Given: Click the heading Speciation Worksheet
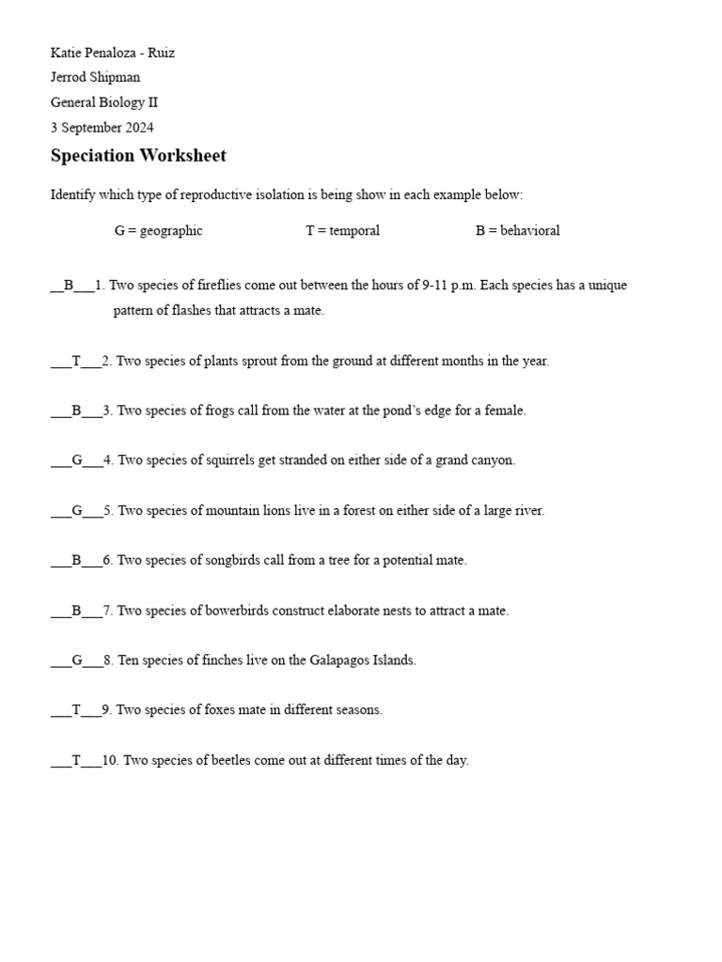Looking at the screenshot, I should (x=138, y=156).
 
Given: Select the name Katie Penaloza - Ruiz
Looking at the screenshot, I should (x=113, y=53).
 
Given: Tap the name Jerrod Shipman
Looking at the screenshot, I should (x=95, y=77).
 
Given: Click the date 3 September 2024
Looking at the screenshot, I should (x=102, y=128).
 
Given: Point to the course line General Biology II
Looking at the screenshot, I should (x=104, y=102).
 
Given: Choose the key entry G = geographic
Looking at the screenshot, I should (x=158, y=231).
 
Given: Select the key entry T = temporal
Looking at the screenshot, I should (x=342, y=231).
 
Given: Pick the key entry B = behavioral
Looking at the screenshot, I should (x=517, y=231).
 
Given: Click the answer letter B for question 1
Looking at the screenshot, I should (x=69, y=286).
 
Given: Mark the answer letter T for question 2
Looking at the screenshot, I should (x=76, y=361).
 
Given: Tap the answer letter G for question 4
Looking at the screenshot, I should (x=77, y=460).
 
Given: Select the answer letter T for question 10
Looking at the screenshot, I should (x=76, y=760).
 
